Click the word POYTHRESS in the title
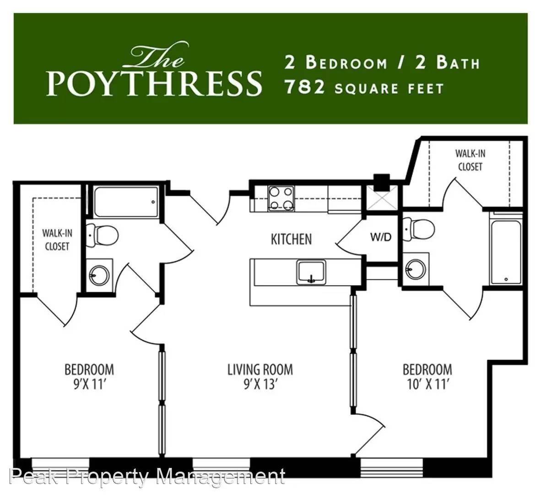(x=154, y=83)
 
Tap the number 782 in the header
(x=305, y=87)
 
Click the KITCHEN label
(x=291, y=239)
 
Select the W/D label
(x=381, y=237)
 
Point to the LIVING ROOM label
(x=260, y=369)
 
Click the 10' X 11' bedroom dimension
(x=427, y=384)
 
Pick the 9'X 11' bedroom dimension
(x=89, y=384)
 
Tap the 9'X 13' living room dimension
(x=260, y=384)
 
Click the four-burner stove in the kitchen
(x=281, y=198)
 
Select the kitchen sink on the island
(x=311, y=272)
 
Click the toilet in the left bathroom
(x=102, y=235)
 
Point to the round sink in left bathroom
(x=99, y=275)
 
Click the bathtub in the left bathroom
(x=126, y=202)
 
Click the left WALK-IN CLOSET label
(x=57, y=240)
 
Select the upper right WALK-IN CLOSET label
(x=470, y=160)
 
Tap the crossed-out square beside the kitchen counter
(x=381, y=198)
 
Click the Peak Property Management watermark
(x=147, y=477)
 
